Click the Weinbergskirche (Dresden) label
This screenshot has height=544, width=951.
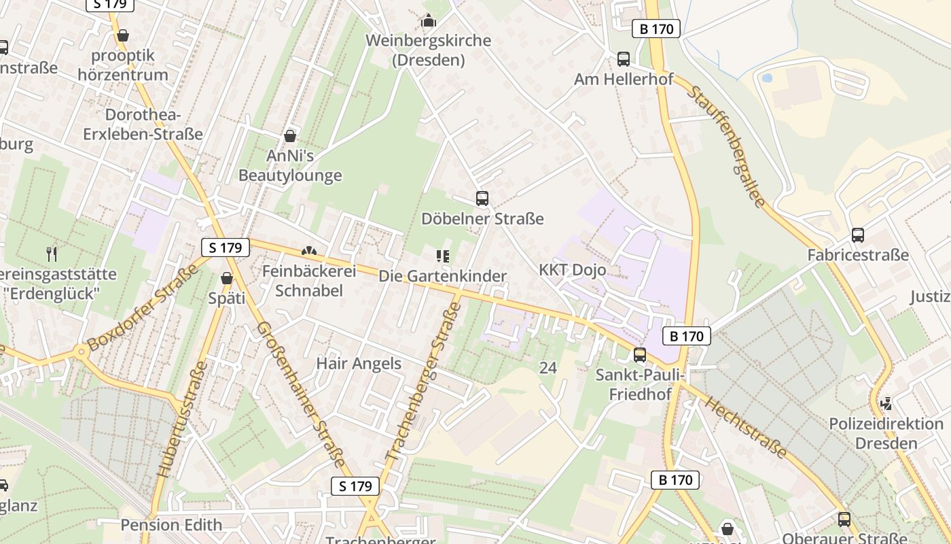pos(428,50)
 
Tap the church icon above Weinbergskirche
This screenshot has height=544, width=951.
pos(429,21)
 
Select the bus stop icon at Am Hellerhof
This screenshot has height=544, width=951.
pos(624,59)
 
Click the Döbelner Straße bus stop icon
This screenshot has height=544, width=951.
pos(482,199)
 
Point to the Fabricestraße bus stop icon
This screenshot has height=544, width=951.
pos(858,235)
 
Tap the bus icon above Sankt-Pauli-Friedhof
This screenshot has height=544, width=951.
pos(639,354)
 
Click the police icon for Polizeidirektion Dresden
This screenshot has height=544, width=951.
pos(886,404)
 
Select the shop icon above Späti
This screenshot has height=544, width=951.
pos(227,278)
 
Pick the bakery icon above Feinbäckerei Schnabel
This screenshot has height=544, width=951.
pos(309,252)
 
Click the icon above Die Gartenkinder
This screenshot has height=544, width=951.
pos(443,256)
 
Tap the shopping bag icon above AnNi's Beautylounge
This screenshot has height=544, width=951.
pos(290,136)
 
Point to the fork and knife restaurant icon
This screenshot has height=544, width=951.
pos(52,254)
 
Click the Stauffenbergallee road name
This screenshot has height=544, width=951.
pos(726,146)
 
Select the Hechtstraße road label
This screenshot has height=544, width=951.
pos(745,428)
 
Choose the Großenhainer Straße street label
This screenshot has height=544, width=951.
pos(301,394)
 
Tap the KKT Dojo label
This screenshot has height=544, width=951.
pos(573,270)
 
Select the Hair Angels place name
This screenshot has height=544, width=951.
pos(359,364)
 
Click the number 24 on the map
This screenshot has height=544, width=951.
pos(548,368)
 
